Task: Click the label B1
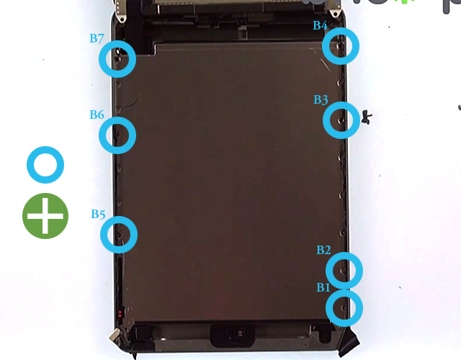point(323,287)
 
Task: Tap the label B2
point(323,250)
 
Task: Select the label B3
point(321,100)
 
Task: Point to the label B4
point(320,26)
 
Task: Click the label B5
point(98,214)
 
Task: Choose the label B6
point(97,114)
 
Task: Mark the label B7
point(97,38)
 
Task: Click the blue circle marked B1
point(344,307)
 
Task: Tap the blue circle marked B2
point(344,270)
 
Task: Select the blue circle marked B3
point(341,120)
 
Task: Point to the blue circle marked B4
point(340,46)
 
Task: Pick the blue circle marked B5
point(118,234)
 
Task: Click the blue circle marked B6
point(117,134)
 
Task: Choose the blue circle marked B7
point(117,58)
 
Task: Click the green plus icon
point(45,215)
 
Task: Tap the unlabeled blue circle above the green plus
point(45,165)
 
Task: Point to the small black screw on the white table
point(367,116)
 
